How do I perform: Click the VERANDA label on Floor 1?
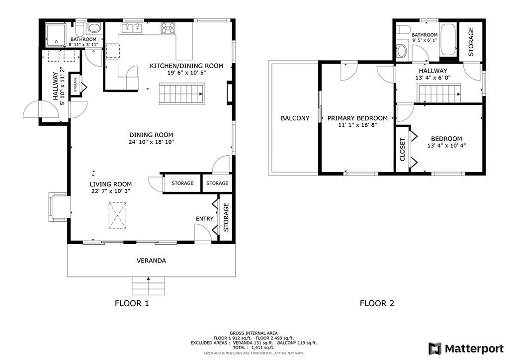151,261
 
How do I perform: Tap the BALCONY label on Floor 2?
295,118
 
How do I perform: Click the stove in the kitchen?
168,28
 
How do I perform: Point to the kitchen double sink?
132,28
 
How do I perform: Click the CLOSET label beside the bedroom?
402,150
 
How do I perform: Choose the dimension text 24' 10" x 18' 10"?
151,142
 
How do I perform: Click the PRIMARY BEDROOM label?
357,118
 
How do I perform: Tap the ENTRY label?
205,219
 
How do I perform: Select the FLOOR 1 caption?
132,303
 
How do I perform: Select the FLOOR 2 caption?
377,303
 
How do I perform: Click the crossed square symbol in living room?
118,214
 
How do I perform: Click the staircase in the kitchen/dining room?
181,94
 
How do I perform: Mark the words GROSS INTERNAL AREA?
254,333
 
